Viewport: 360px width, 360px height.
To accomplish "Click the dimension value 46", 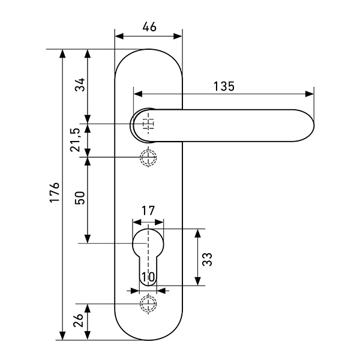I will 149,26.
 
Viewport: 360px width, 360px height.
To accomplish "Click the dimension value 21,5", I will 76,140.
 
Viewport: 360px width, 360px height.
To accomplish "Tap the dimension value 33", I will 207,259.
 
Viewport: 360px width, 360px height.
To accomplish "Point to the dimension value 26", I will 79,323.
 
